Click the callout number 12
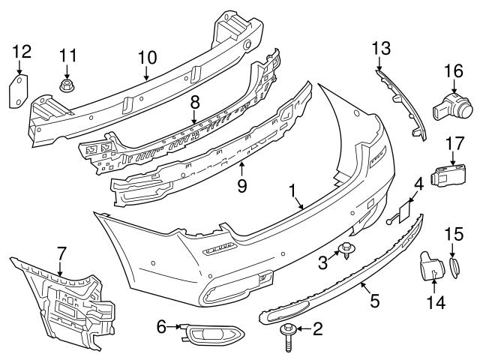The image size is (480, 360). coord(22,51)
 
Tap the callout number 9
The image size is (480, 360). coord(241,183)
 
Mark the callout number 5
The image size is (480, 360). coord(374,301)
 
